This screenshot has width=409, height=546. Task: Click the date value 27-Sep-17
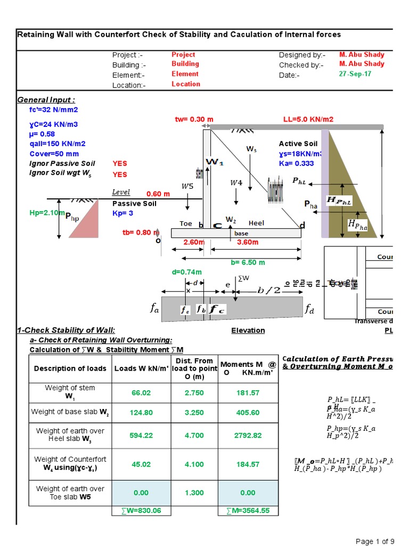(x=355, y=74)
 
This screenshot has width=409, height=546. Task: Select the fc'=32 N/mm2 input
(x=54, y=110)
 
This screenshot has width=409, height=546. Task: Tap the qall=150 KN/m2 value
(x=58, y=143)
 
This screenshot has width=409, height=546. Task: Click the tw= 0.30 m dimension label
(x=194, y=119)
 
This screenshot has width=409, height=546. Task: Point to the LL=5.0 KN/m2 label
(x=308, y=119)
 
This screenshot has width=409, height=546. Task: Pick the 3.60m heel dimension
(x=247, y=242)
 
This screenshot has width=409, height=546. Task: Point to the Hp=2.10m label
(x=46, y=213)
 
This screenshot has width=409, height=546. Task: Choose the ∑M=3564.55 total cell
(x=248, y=510)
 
